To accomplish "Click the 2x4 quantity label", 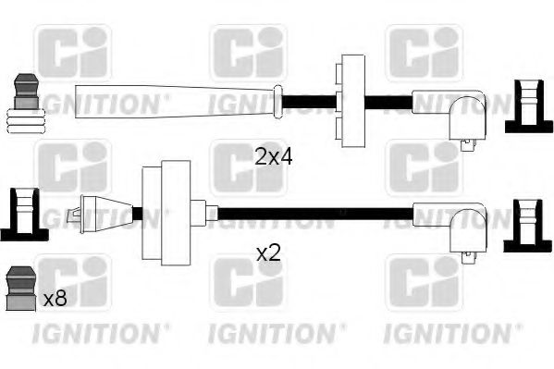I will click(x=273, y=156).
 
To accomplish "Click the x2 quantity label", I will click(x=267, y=252).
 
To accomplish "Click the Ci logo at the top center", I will click(x=248, y=54).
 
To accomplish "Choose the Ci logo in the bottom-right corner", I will click(x=424, y=283).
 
